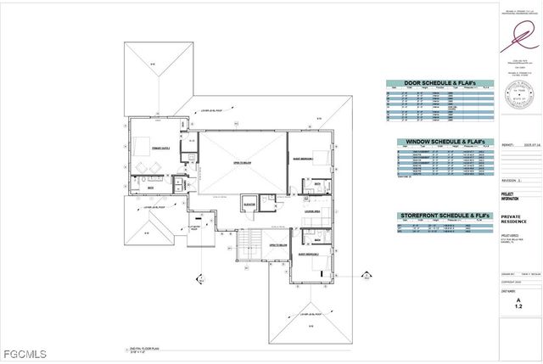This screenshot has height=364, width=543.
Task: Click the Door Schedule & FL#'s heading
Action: (x=440, y=83)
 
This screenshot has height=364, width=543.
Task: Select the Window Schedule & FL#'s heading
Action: (x=440, y=142)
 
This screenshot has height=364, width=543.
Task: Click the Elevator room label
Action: (x=249, y=202)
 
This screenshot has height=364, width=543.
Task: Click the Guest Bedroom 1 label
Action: (x=302, y=159)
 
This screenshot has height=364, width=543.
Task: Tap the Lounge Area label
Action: (x=311, y=211)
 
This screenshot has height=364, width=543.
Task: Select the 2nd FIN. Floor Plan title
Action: (x=136, y=348)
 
